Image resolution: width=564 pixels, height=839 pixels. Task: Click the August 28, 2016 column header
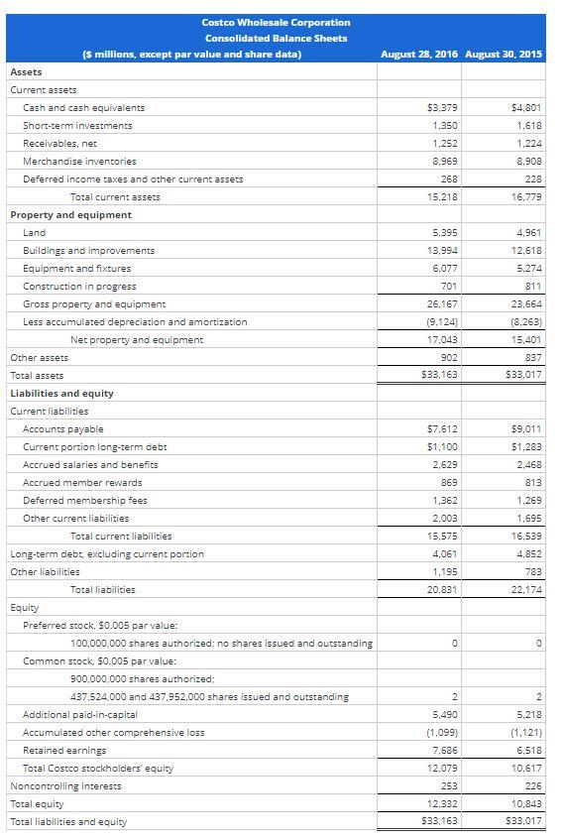(x=419, y=54)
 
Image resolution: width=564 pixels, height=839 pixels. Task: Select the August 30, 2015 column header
(x=503, y=54)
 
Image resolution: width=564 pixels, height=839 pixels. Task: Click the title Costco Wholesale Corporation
(x=276, y=22)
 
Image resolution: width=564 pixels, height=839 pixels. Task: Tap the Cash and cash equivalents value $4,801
(x=525, y=107)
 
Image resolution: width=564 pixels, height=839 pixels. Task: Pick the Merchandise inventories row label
(x=79, y=161)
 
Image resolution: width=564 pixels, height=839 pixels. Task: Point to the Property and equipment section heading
(x=70, y=214)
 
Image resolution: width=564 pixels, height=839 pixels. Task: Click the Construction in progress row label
(x=79, y=286)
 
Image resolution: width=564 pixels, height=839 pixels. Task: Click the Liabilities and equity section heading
(x=61, y=393)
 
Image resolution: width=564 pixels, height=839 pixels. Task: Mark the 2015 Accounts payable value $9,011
(x=525, y=428)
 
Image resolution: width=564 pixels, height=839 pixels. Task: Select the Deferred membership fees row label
(x=84, y=500)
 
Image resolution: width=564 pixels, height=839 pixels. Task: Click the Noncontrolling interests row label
(x=65, y=785)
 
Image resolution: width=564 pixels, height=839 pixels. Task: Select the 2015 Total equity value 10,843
(x=525, y=803)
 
